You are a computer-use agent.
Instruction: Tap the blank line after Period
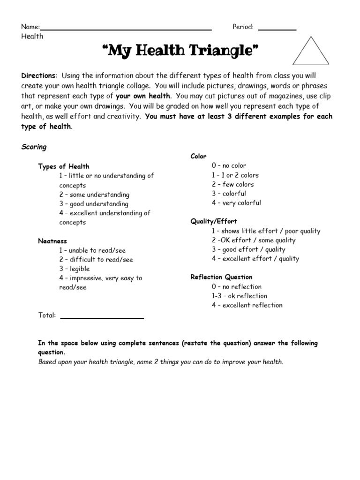[x=277, y=29]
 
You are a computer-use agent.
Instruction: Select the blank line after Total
[x=102, y=317]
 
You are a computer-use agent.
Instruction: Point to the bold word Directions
[x=38, y=76]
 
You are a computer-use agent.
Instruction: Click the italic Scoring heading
[x=34, y=147]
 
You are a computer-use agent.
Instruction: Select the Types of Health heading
[x=63, y=166]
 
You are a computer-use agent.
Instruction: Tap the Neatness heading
[x=52, y=241]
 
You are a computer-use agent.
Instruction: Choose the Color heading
[x=198, y=157]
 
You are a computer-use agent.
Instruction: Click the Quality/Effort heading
[x=214, y=221]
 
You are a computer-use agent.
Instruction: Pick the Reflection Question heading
[x=221, y=277]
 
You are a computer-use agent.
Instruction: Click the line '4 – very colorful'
[x=236, y=203]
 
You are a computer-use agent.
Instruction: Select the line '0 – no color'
[x=229, y=165]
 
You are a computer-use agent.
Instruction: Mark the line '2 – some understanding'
[x=94, y=195]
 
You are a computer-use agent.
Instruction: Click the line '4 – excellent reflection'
[x=247, y=305]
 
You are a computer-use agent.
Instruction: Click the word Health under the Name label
[x=32, y=36]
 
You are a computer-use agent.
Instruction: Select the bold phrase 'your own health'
[x=142, y=96]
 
